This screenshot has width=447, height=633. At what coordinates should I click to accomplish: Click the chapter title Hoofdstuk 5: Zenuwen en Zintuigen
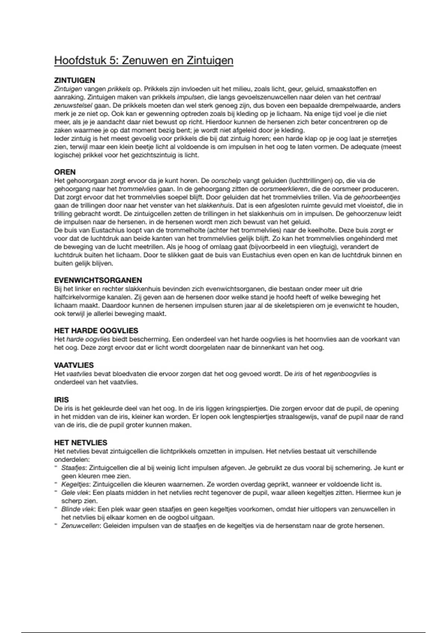click(x=144, y=60)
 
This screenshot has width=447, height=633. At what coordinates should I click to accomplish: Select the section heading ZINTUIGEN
click(x=74, y=80)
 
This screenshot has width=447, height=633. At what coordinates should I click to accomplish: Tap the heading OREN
click(x=65, y=172)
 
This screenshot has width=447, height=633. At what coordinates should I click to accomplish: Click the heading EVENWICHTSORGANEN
click(x=98, y=280)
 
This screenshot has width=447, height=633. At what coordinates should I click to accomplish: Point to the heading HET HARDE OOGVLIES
click(x=96, y=331)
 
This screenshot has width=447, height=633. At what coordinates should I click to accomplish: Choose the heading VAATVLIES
click(x=74, y=365)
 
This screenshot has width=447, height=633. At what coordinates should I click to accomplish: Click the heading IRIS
click(x=61, y=400)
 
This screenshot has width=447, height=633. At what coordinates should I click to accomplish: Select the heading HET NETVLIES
click(x=80, y=443)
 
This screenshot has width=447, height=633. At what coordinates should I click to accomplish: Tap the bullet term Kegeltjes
click(x=75, y=484)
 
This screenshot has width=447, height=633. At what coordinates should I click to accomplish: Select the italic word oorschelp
click(x=226, y=181)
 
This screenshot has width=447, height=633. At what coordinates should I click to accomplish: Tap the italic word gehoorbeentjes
click(x=377, y=197)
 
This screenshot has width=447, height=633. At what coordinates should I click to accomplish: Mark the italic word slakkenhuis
click(x=215, y=206)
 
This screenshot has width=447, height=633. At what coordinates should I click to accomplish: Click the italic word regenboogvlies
click(x=346, y=374)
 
